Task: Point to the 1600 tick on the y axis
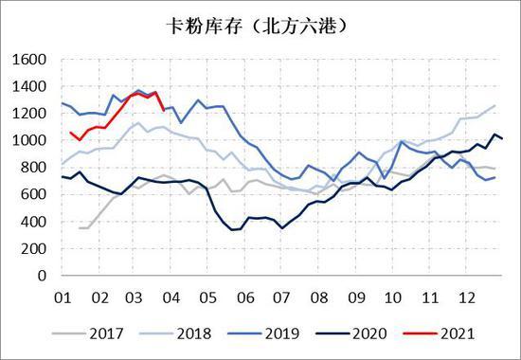pyautogui.click(x=29, y=59)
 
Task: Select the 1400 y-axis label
pyautogui.click(x=29, y=86)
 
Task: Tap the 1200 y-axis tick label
pyautogui.click(x=29, y=114)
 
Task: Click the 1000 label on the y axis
pyautogui.click(x=29, y=140)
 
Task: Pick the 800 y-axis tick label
pyautogui.click(x=34, y=168)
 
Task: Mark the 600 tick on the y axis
pyautogui.click(x=34, y=195)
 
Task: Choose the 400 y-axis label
pyautogui.click(x=34, y=222)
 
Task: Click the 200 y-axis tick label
pyautogui.click(x=34, y=249)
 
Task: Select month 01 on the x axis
pyautogui.click(x=63, y=296)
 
